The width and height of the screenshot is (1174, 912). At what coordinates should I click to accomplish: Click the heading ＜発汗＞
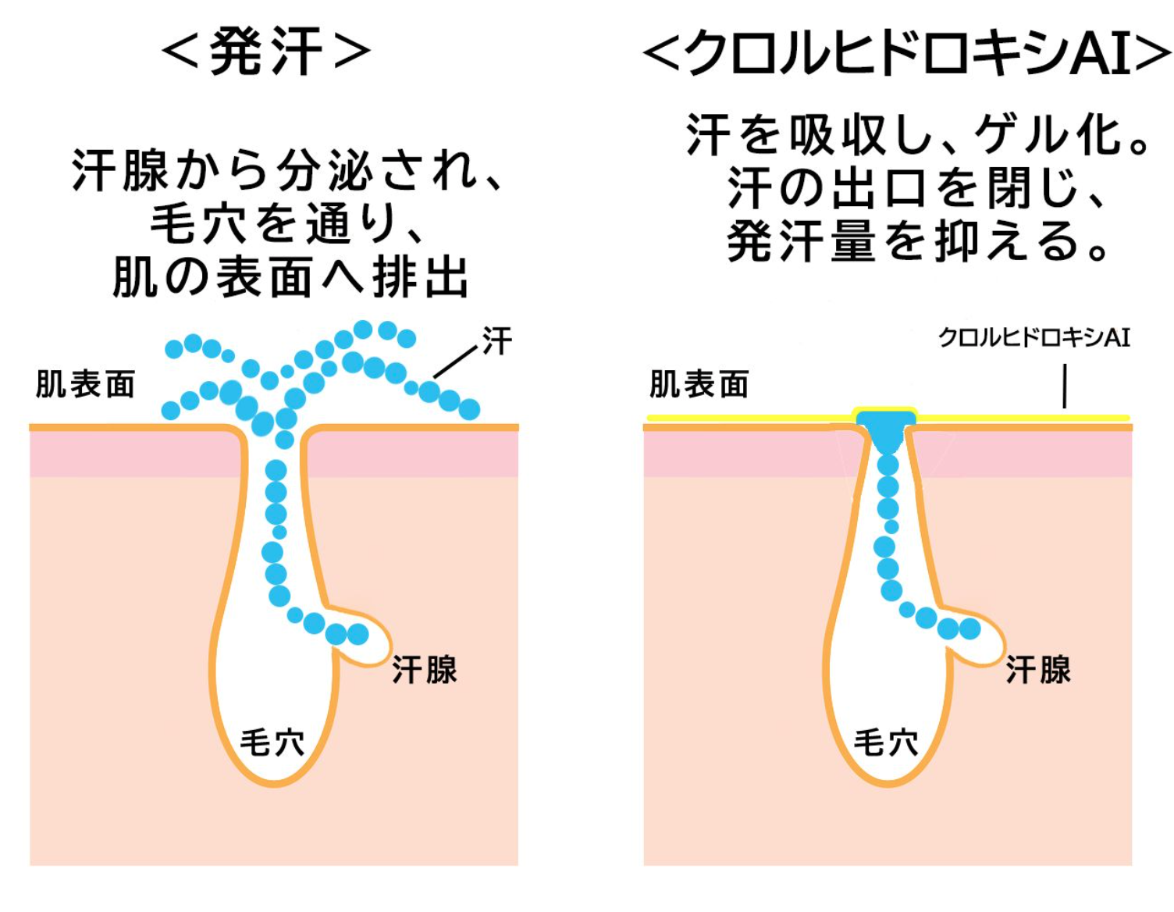(x=266, y=51)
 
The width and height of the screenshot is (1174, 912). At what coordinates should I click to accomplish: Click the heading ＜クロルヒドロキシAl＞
(x=905, y=53)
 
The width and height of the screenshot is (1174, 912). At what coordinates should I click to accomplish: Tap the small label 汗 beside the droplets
(x=497, y=341)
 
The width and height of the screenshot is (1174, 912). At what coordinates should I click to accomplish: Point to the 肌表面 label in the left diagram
(x=86, y=384)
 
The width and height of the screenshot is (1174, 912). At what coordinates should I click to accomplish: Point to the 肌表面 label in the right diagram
(x=699, y=384)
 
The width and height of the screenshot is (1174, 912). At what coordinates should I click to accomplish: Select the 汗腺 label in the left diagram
(x=425, y=670)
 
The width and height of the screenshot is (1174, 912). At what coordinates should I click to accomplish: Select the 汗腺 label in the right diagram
(x=1038, y=670)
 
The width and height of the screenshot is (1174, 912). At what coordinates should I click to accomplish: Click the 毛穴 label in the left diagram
(x=272, y=742)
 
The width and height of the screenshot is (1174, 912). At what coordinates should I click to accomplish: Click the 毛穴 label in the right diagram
(x=886, y=742)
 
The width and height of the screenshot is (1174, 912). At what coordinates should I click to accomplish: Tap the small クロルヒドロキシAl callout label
(x=1034, y=337)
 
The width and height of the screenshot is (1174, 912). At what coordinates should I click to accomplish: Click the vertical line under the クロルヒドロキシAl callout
(x=1065, y=387)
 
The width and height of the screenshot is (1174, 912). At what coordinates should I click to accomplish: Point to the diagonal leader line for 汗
(x=454, y=362)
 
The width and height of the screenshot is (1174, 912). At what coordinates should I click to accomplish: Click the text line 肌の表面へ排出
(x=291, y=277)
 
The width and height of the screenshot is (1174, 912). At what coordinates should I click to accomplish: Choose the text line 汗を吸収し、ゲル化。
(x=917, y=135)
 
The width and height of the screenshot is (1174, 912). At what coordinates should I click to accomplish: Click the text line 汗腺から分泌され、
(x=286, y=170)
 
